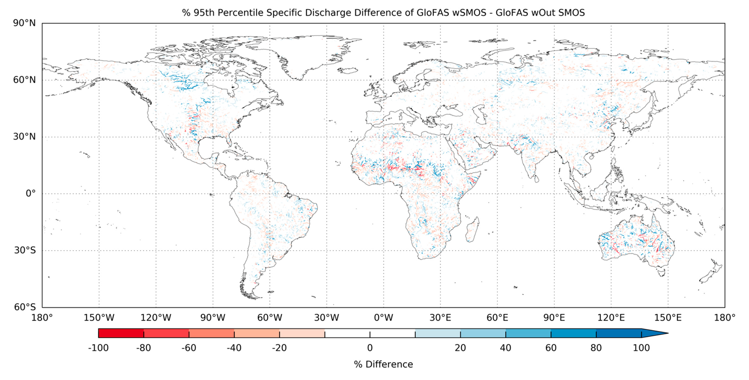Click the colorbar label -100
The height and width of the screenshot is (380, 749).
(x=98, y=348)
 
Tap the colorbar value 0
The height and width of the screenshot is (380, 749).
(x=370, y=348)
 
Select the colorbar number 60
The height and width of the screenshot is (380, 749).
(x=551, y=348)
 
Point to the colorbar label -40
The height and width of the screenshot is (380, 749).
(x=234, y=348)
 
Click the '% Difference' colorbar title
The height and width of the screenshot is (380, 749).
(x=383, y=364)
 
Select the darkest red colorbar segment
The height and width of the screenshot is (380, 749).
(x=121, y=333)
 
